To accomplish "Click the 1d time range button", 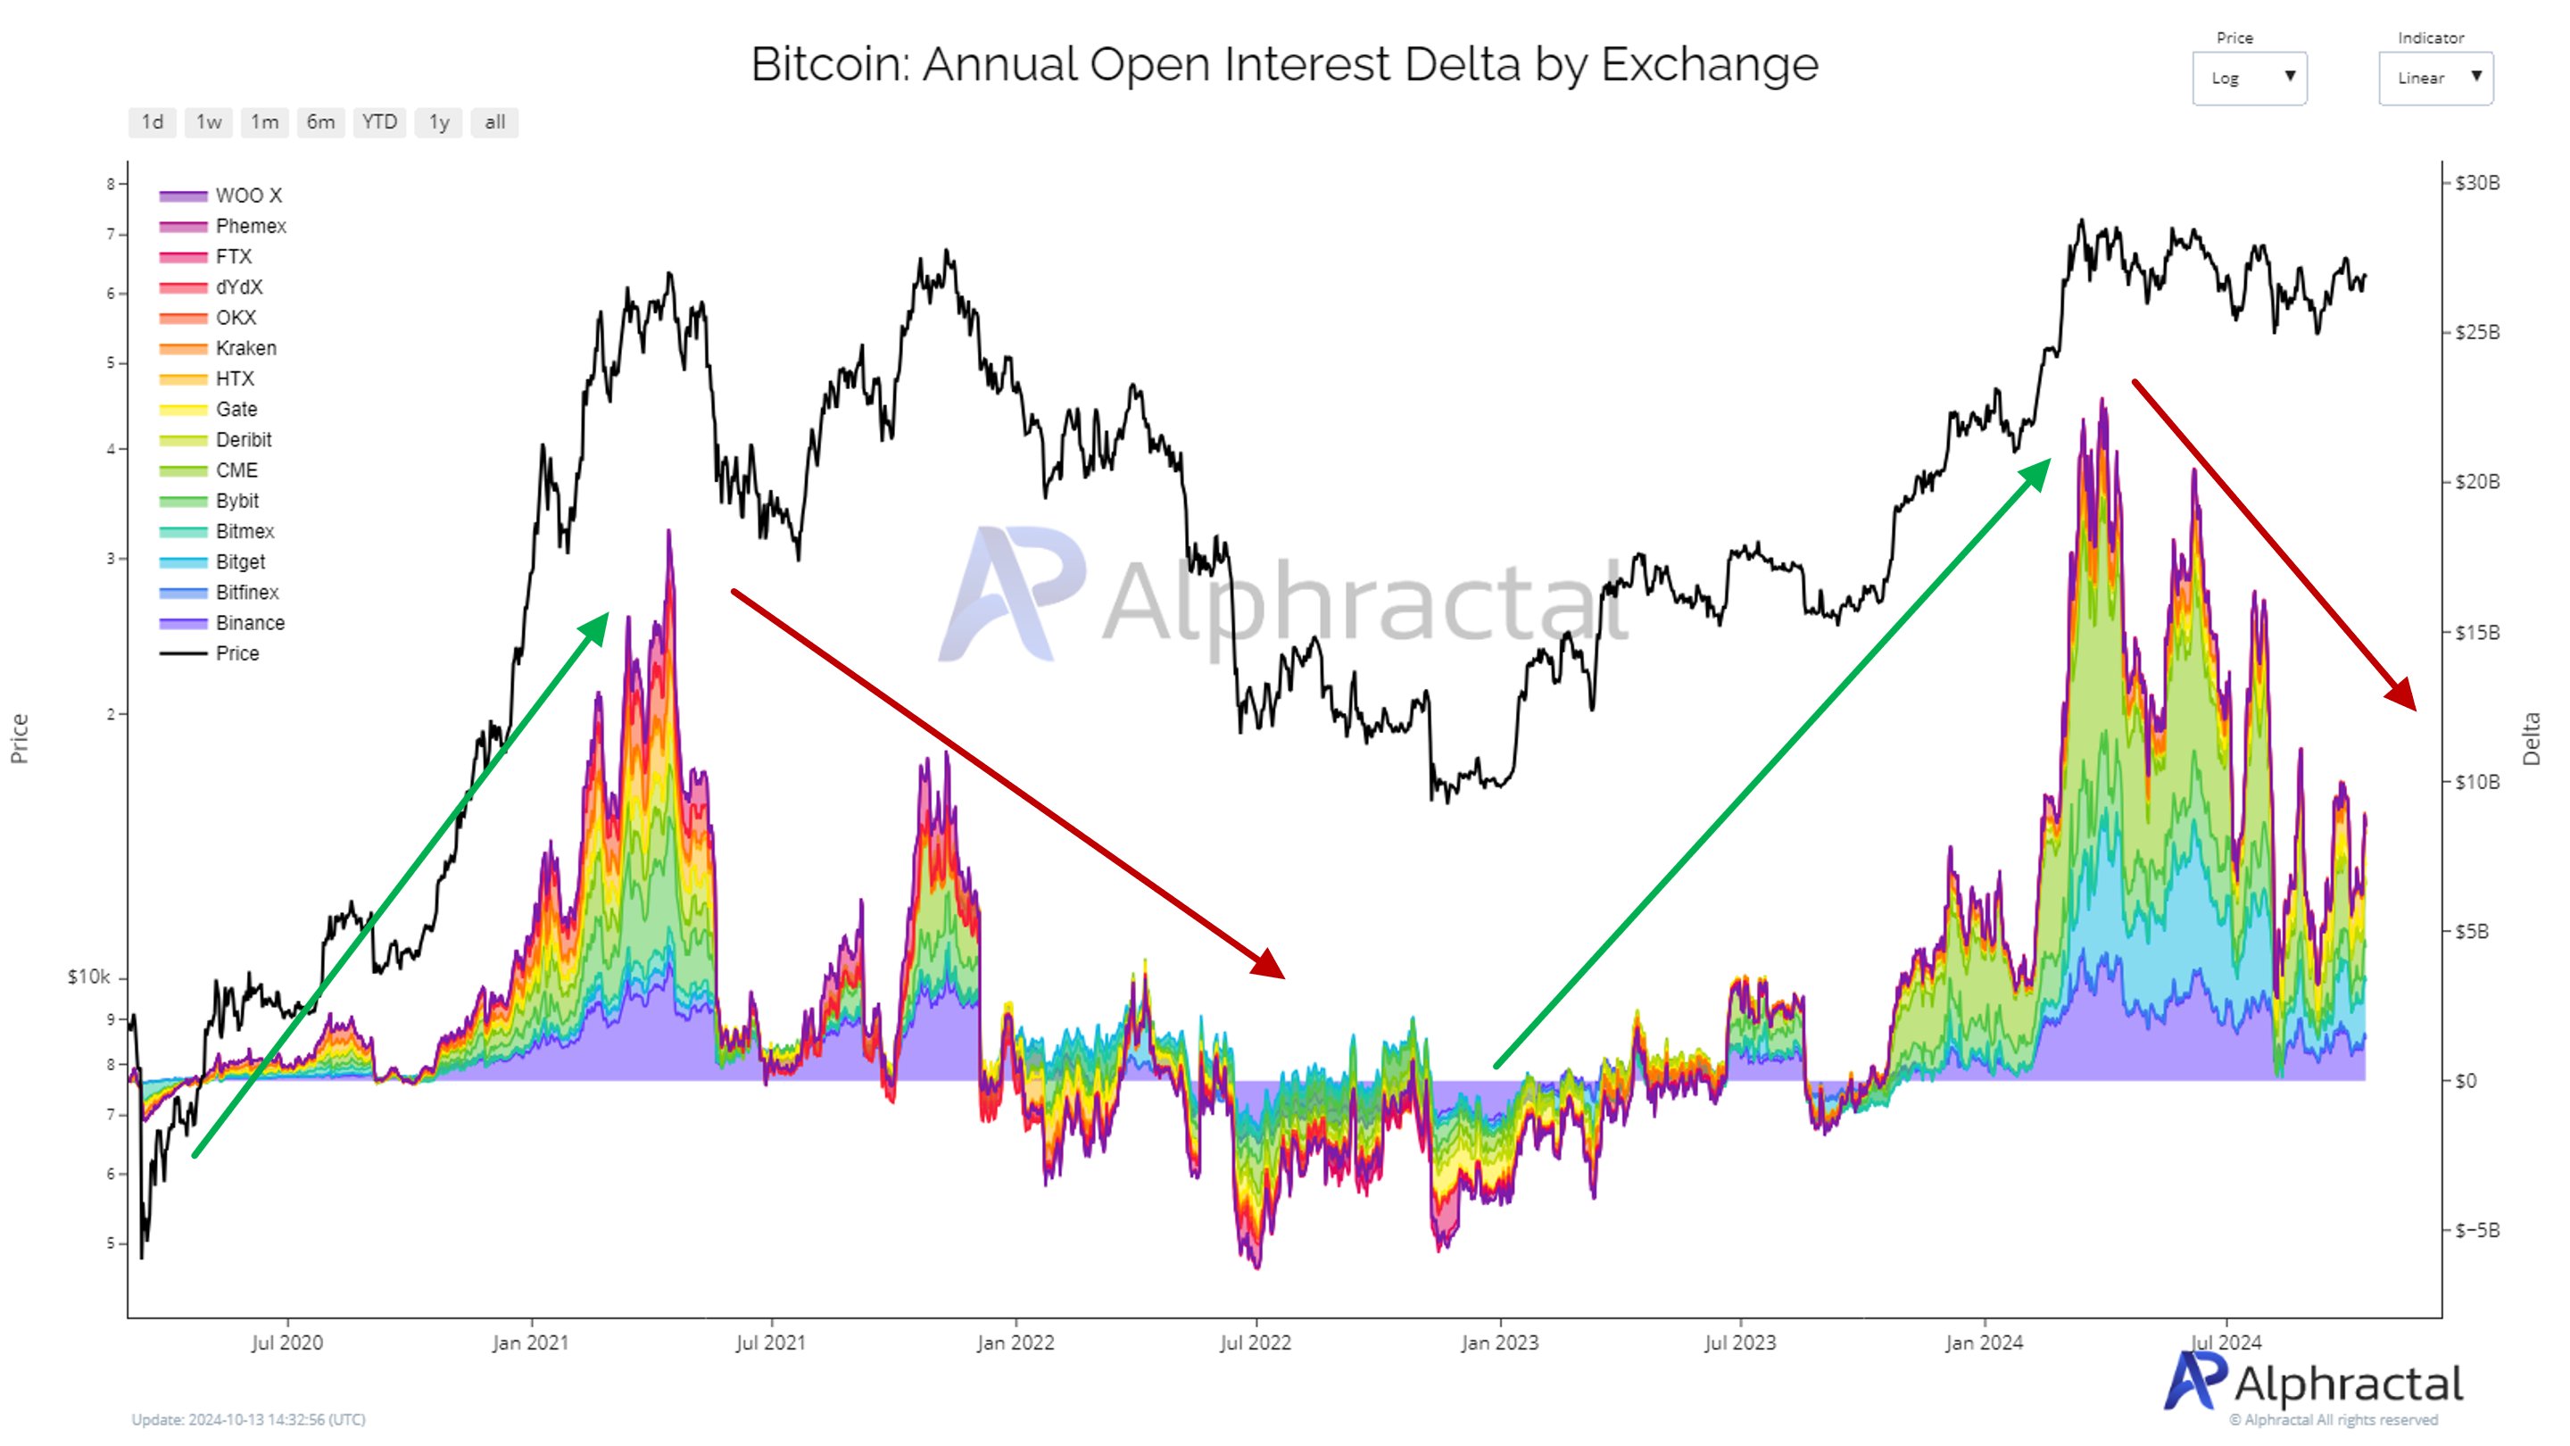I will tap(153, 121).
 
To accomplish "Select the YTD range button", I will tap(379, 121).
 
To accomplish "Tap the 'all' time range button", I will tap(495, 121).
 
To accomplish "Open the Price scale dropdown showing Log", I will tap(2249, 78).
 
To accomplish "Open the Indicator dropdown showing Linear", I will tap(2435, 78).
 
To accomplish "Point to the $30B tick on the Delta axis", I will tap(2477, 183).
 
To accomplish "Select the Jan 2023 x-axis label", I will tap(1499, 1342).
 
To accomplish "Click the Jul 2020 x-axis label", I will tap(287, 1342).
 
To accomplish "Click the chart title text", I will tap(1284, 64).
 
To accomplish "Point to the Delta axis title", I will tap(2530, 738).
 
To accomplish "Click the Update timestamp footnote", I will tap(248, 1419).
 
